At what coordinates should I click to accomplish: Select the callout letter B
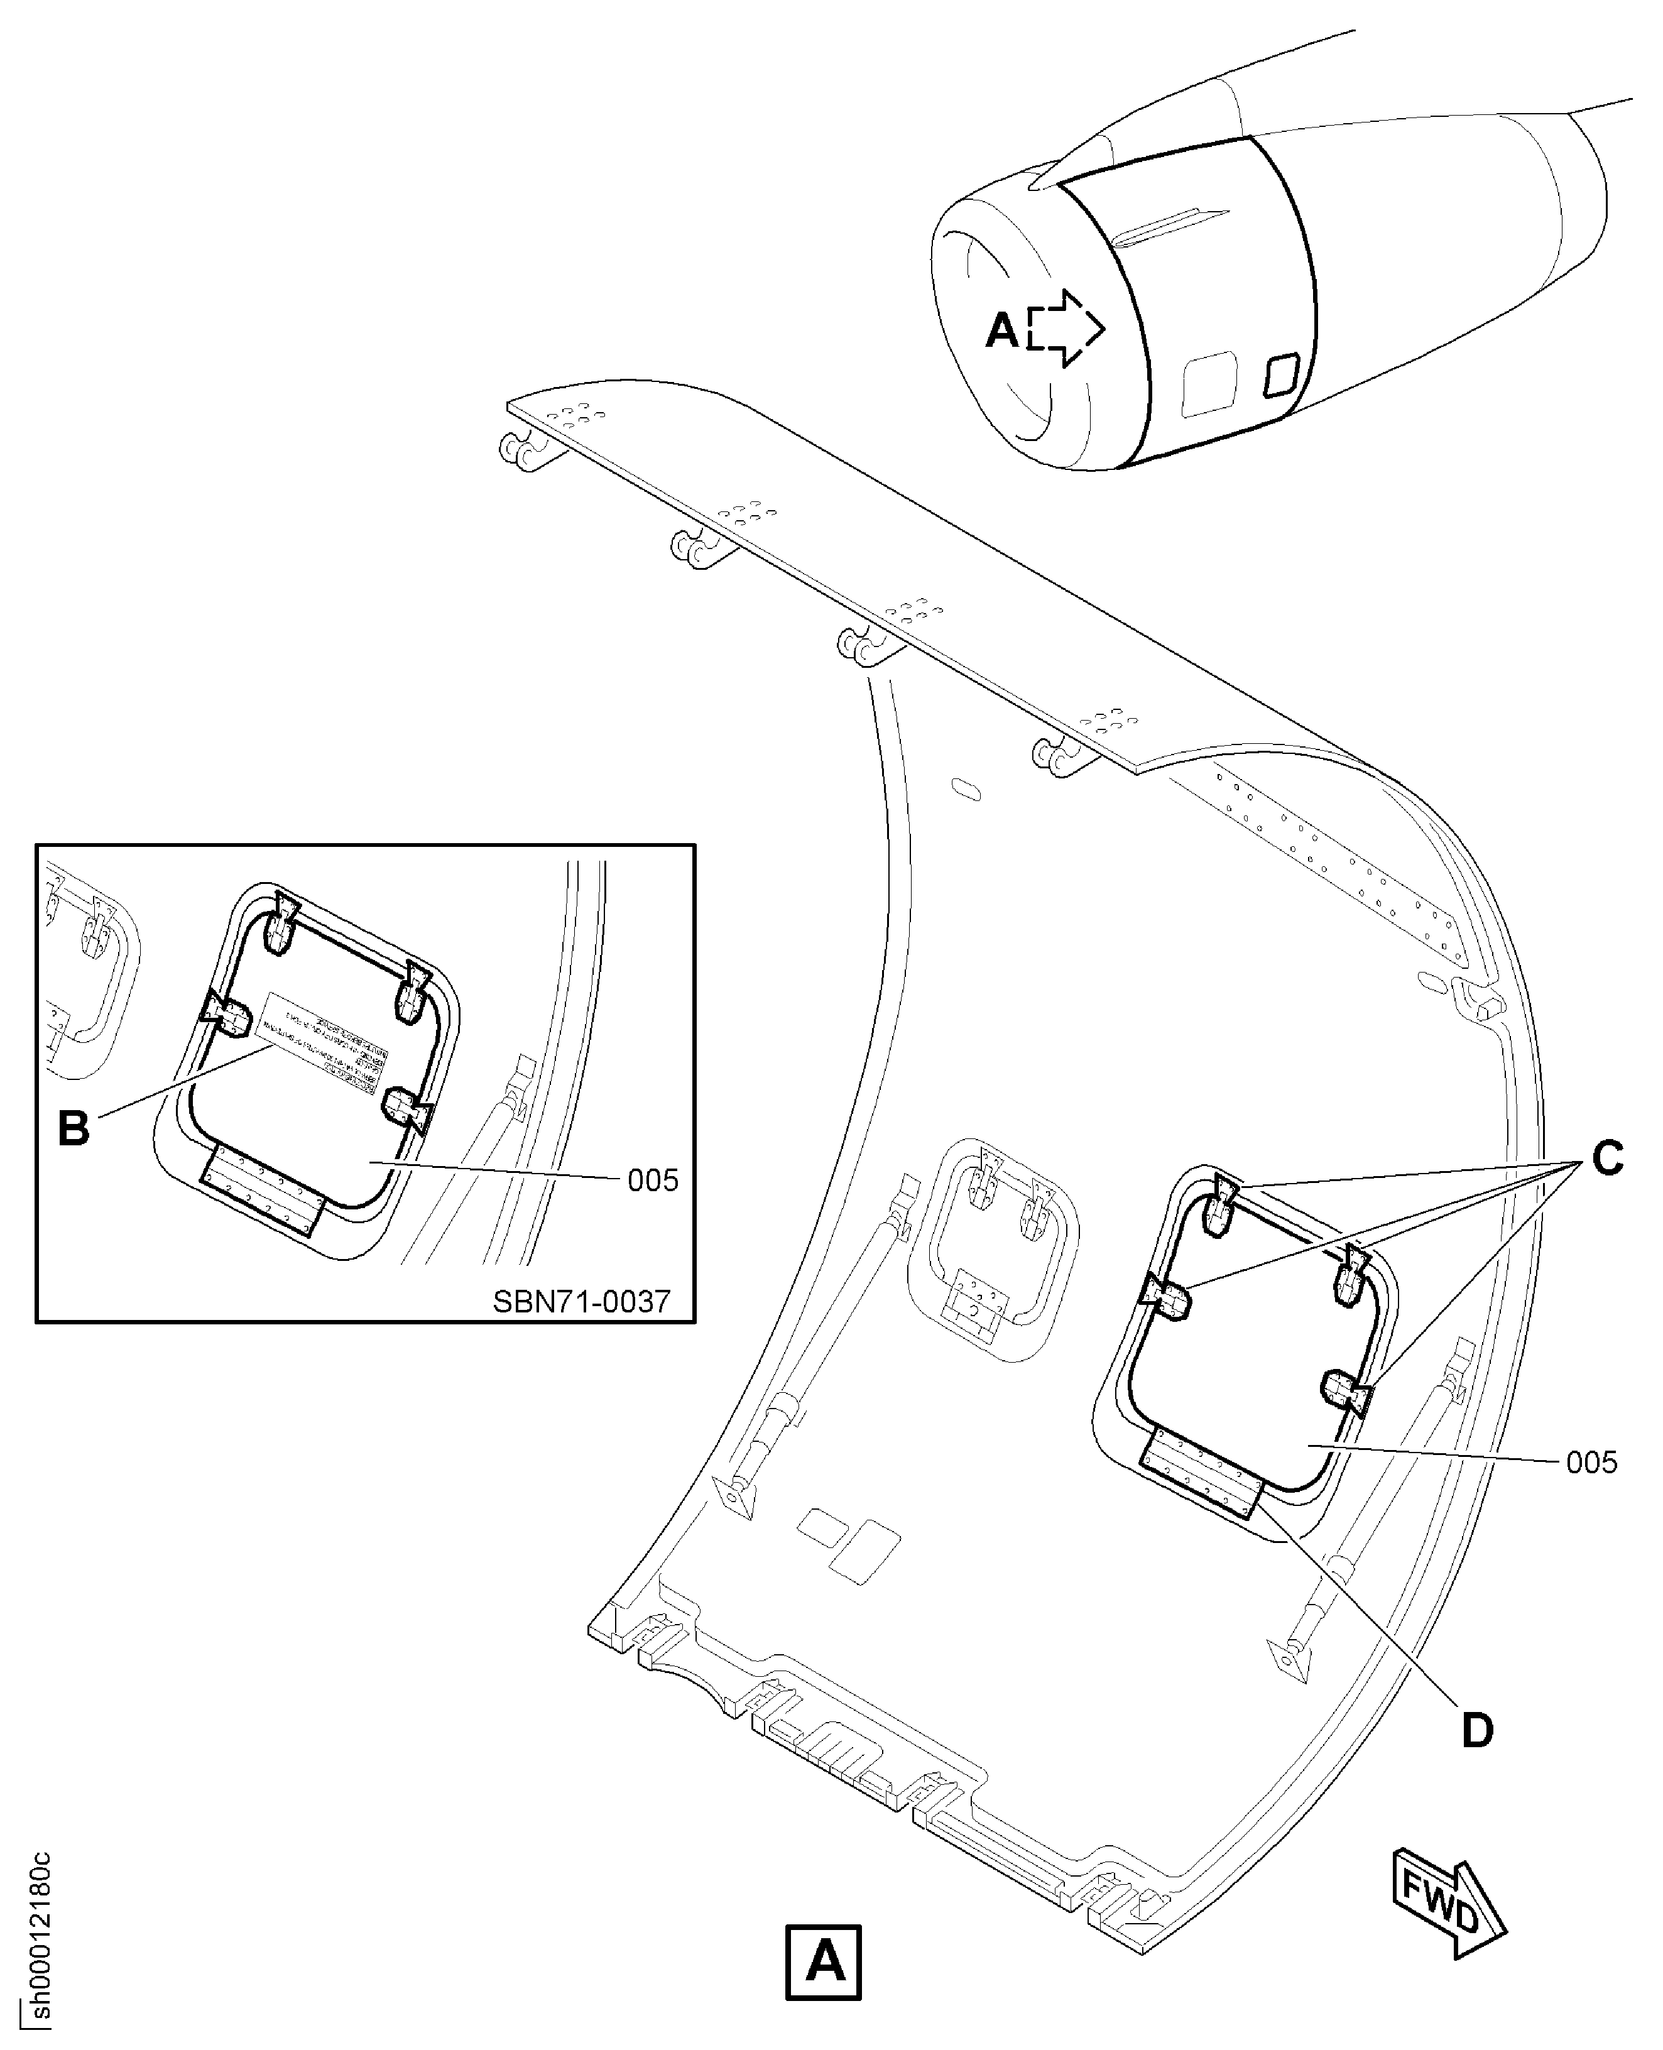click(x=74, y=1128)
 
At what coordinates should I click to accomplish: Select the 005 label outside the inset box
click(x=1591, y=1462)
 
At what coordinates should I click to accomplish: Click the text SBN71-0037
click(x=582, y=1301)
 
